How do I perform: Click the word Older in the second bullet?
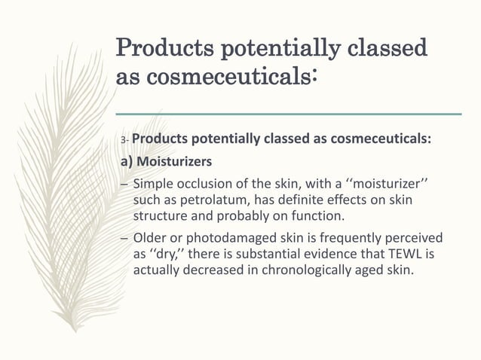tap(150, 237)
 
